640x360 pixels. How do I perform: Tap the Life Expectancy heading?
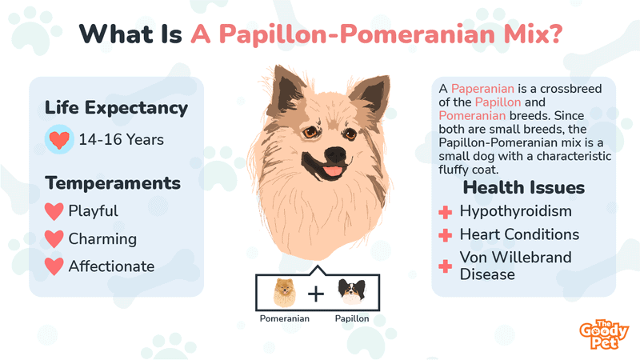tap(116, 107)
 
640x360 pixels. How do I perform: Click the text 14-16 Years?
tap(121, 140)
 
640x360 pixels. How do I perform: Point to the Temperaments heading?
tap(113, 183)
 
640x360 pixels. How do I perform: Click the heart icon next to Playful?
tap(54, 212)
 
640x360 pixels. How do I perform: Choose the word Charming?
tap(102, 239)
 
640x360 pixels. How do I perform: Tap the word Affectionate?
tap(111, 266)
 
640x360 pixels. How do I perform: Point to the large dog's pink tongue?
tap(330, 170)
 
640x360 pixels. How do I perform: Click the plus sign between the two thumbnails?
tap(318, 294)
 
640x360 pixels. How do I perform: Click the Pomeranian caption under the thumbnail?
tap(284, 318)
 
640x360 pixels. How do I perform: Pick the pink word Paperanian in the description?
tap(483, 88)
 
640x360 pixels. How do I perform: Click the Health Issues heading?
tap(524, 188)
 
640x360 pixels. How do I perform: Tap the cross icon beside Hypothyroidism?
tap(445, 212)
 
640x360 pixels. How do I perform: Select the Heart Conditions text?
tap(519, 235)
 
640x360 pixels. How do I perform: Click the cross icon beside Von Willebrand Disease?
tap(445, 266)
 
